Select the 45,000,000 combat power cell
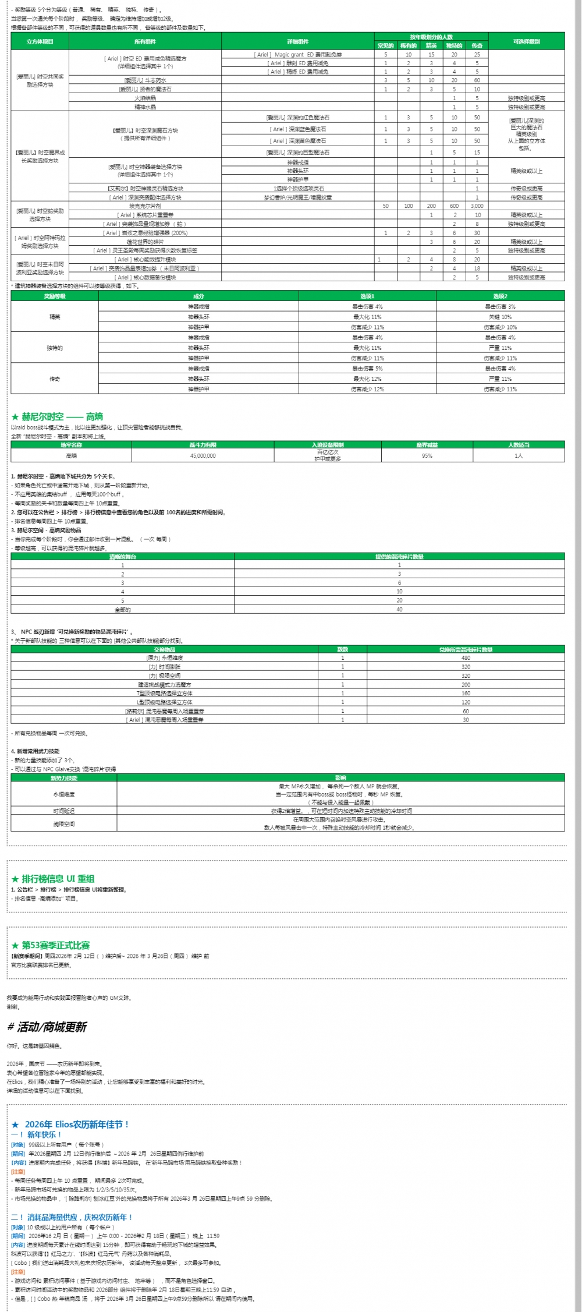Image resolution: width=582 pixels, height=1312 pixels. click(203, 456)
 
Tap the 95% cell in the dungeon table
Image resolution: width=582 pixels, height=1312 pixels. click(427, 456)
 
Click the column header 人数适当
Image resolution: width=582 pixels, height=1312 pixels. click(519, 445)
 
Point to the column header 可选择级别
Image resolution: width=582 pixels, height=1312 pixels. click(526, 41)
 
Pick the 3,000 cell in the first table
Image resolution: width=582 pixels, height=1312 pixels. click(477, 206)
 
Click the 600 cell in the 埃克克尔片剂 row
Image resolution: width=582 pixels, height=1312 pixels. click(454, 206)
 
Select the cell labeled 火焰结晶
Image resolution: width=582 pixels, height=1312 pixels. click(145, 98)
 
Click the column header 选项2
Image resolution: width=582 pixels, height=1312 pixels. click(500, 296)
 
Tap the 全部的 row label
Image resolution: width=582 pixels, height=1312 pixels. click(122, 610)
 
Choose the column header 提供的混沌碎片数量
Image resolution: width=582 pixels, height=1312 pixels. click(399, 557)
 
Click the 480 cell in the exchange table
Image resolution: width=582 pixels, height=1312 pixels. click(466, 658)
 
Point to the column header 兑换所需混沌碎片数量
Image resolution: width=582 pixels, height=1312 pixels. click(466, 649)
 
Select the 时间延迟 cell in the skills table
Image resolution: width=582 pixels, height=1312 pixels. click(63, 811)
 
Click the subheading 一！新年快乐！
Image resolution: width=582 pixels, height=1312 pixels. click(36, 1134)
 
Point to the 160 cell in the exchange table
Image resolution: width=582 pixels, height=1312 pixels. click(466, 694)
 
